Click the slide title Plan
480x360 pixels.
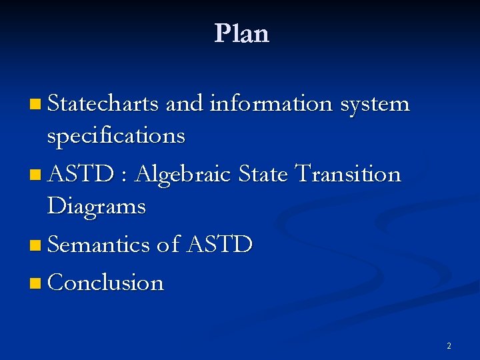[x=241, y=33]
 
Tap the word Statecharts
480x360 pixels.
[x=103, y=104]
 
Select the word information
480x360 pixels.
[x=271, y=104]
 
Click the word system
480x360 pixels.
[x=375, y=105]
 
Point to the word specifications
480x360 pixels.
[x=116, y=136]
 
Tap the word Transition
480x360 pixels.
[x=347, y=174]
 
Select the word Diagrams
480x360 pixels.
[x=97, y=207]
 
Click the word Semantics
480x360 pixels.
[x=99, y=245]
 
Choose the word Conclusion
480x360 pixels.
[x=106, y=283]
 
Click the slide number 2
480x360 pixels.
[x=449, y=346]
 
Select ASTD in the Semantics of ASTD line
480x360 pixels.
[x=219, y=245]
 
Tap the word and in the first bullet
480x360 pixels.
[x=184, y=104]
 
